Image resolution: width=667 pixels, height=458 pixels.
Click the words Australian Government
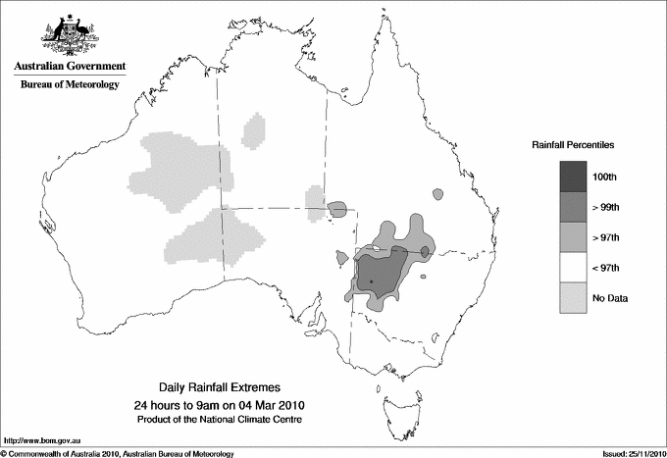click(x=69, y=67)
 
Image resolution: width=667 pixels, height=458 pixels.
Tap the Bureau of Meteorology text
click(x=69, y=85)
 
